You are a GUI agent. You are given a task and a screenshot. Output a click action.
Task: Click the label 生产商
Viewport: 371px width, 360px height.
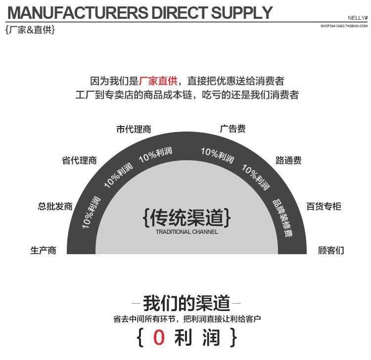[44, 250]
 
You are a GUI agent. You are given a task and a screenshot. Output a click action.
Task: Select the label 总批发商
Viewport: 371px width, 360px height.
[55, 206]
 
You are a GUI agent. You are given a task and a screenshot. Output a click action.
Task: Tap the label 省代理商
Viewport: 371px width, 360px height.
[79, 160]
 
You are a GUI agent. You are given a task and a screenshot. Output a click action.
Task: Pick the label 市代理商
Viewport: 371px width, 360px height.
[134, 130]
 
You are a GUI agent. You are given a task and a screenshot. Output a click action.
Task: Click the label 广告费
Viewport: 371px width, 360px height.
[232, 129]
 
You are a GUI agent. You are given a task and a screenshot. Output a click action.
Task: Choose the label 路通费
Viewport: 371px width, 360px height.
[288, 160]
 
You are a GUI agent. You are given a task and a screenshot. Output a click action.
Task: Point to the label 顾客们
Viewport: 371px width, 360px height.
[331, 250]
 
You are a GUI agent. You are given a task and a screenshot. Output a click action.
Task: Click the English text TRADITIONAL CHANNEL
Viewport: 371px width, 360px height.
[186, 231]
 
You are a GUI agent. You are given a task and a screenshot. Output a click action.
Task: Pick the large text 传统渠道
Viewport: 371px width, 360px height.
[186, 217]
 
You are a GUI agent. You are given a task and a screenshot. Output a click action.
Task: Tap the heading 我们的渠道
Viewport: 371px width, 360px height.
[186, 303]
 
